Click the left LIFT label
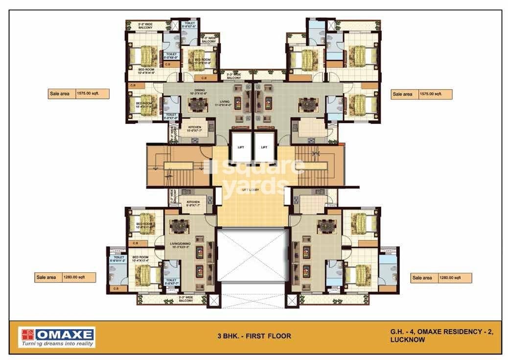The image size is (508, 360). click(x=241, y=146)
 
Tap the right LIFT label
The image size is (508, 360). click(x=264, y=146)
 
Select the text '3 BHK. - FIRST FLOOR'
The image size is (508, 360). click(x=254, y=336)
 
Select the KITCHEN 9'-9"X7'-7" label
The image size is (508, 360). click(x=189, y=204)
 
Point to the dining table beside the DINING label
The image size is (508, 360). click(x=199, y=105)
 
